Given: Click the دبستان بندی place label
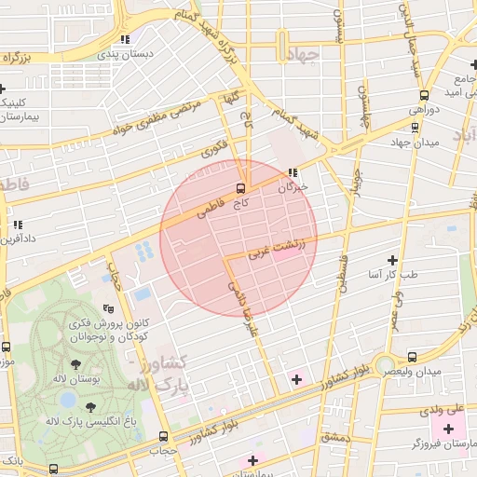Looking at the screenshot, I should [124, 54].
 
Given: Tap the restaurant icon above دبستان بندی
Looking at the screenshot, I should [124, 39].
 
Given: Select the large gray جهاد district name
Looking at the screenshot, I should [303, 54].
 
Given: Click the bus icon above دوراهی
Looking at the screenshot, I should [425, 95].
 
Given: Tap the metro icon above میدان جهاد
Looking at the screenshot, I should [415, 126].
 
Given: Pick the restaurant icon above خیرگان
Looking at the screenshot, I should [293, 172].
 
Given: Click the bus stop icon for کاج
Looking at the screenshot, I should [241, 187].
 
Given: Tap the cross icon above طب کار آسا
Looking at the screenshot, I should [392, 260].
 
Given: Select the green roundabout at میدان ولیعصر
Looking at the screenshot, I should [384, 364].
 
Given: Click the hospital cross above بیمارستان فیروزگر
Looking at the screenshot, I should [449, 429].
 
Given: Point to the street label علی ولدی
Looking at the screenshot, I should [444, 408].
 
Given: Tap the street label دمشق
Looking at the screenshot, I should [333, 437].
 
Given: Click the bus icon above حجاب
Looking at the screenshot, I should [164, 435].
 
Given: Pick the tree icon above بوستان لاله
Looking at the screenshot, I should [75, 363].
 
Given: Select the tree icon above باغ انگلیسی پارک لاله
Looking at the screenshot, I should [90, 407].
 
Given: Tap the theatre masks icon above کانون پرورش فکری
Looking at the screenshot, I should [108, 308].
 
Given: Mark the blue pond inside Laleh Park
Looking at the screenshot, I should [67, 399].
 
